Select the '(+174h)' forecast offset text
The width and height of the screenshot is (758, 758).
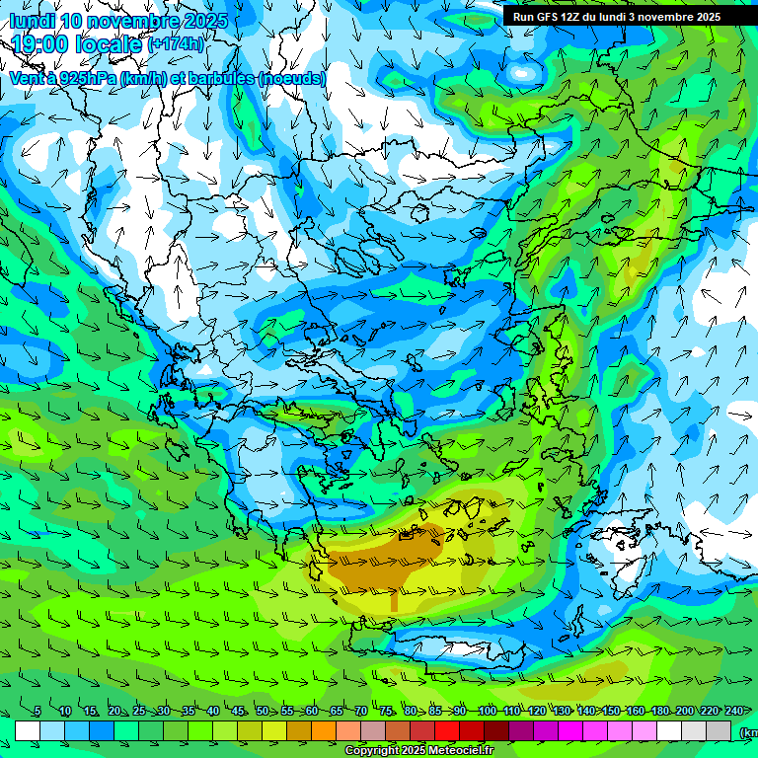point(177,44)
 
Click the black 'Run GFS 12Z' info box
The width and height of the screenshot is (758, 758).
point(617,16)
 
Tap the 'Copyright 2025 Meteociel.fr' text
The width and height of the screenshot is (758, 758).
point(419,751)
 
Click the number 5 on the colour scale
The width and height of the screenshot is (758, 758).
point(38,712)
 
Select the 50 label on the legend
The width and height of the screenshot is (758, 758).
point(263,712)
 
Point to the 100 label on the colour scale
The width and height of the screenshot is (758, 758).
point(487,712)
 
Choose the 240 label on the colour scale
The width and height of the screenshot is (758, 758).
point(734,712)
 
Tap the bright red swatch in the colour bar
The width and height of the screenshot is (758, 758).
point(447,730)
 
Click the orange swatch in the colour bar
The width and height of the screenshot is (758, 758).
point(324,730)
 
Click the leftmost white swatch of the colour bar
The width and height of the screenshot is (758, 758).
point(28,730)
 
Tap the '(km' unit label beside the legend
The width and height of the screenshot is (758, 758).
point(749,732)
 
